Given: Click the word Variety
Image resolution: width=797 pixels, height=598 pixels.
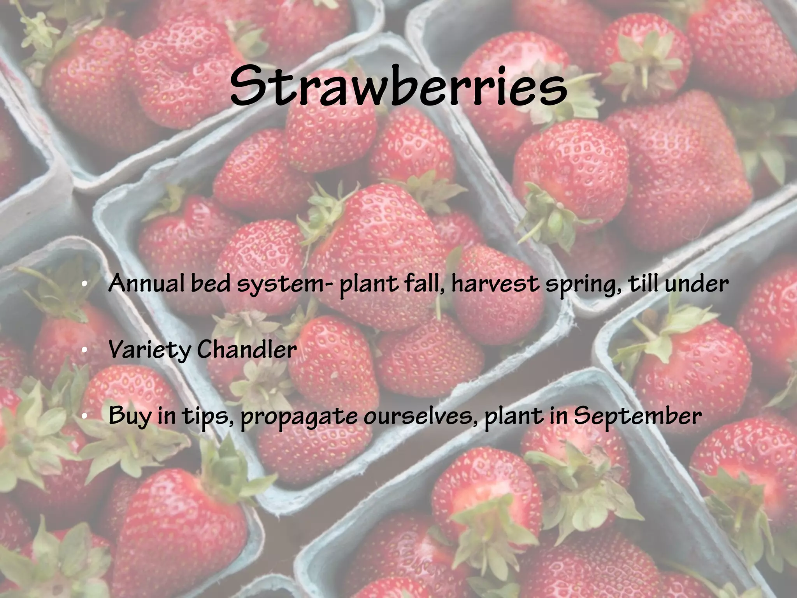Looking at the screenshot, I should [150, 350].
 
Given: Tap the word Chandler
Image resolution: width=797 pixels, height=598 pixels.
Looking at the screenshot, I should [247, 350].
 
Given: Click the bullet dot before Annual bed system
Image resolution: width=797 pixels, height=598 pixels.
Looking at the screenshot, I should [84, 285].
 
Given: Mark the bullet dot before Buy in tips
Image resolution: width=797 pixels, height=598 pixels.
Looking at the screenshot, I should [84, 417].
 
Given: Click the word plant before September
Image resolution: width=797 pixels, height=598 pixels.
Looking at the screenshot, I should [509, 417].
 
